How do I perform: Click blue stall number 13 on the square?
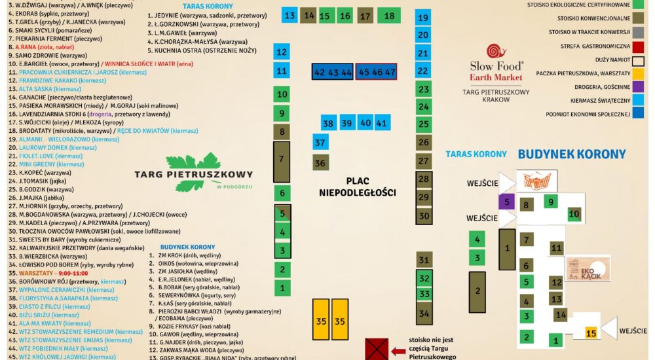[x=290, y=16]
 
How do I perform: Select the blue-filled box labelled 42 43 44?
[x=333, y=72]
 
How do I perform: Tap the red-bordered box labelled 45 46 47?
[x=377, y=72]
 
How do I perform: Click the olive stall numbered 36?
[x=320, y=163]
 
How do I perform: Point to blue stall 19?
[x=423, y=18]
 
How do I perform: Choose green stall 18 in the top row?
[x=389, y=16]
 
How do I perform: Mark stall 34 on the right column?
[x=424, y=314]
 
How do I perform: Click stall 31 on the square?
[x=424, y=261]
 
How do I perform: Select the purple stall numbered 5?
[x=506, y=203]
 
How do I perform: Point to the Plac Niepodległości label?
[x=358, y=187]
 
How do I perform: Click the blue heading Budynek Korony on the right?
[x=572, y=154]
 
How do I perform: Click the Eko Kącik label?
[x=588, y=268]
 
